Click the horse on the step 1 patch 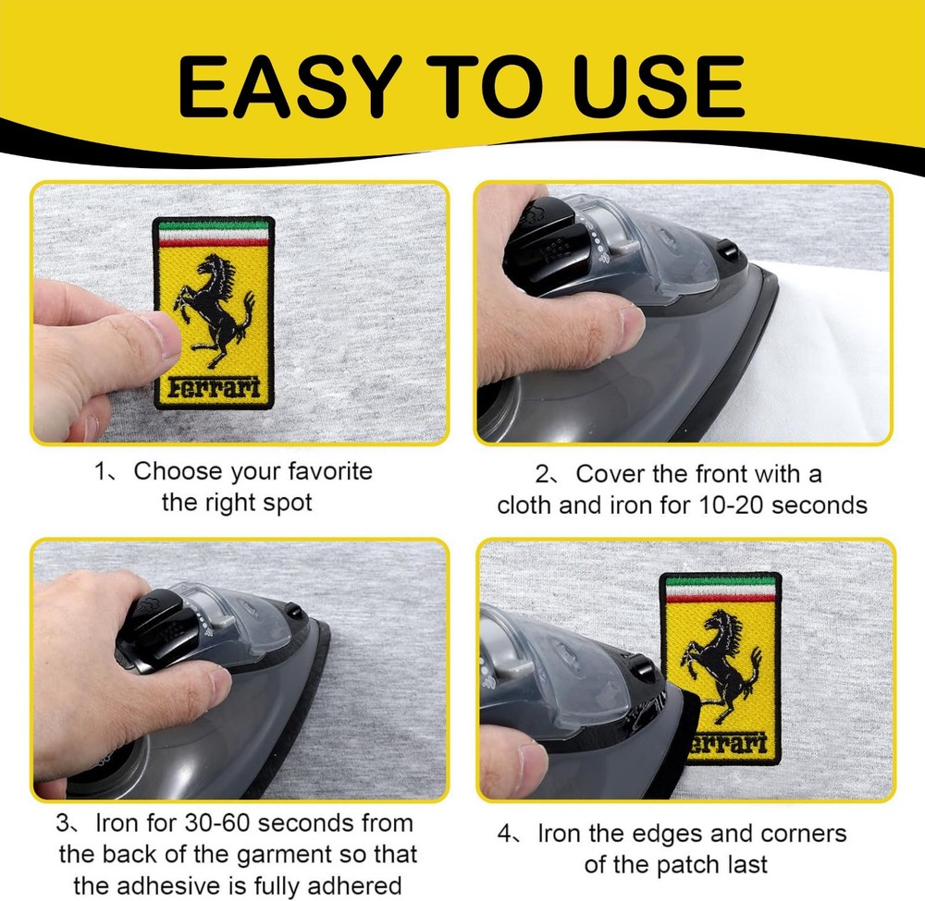[214, 309]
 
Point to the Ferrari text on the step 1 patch [215, 388]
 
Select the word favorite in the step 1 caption [330, 471]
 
